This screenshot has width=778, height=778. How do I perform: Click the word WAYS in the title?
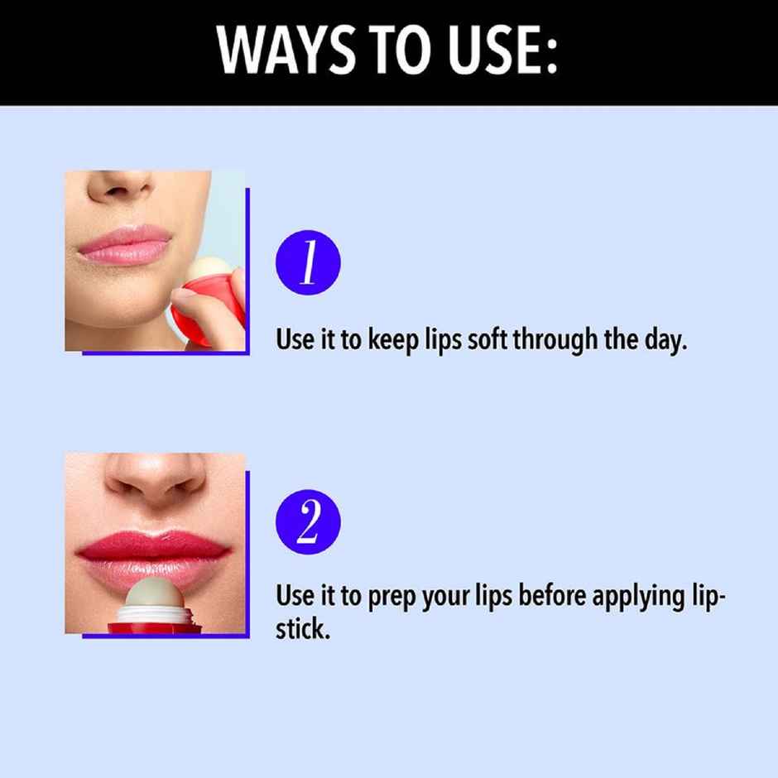pos(286,50)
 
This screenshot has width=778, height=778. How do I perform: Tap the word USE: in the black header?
pos(502,50)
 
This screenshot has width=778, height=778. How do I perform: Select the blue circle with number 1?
pos(308,262)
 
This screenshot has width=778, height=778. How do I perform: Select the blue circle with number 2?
pos(308,522)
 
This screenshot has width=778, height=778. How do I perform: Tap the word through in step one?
pos(555,341)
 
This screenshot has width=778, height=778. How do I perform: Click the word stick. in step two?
pos(303,629)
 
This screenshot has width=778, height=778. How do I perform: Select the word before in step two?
pos(552,595)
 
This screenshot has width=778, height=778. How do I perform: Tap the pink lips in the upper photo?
pos(125,245)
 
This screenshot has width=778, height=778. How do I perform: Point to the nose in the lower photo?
pos(156,479)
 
